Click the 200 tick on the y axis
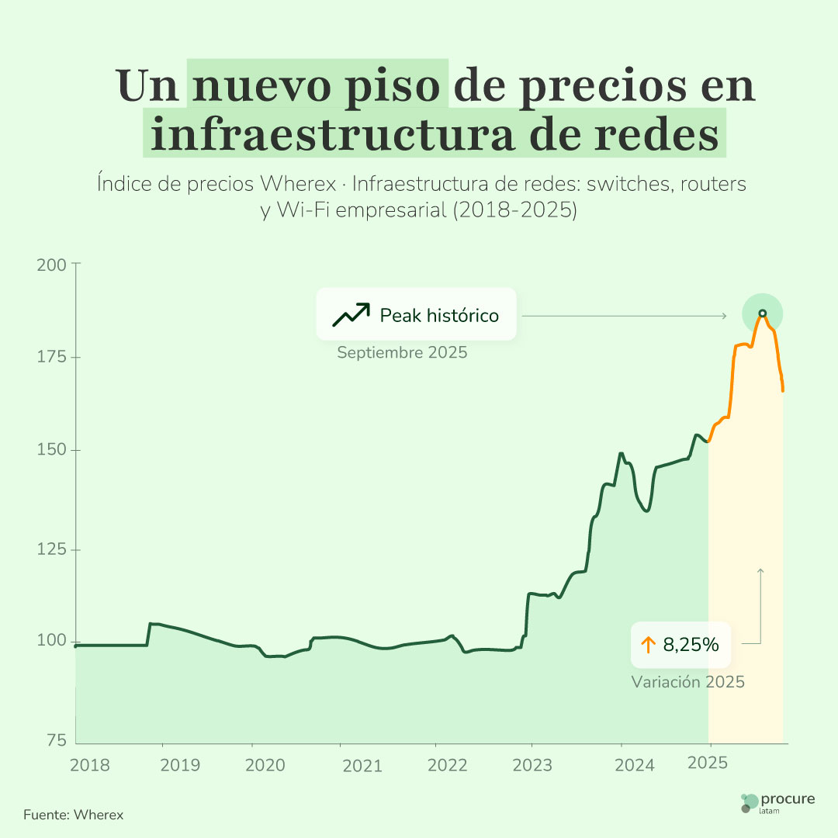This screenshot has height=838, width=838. point(53,264)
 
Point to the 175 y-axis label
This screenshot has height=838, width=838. point(53,357)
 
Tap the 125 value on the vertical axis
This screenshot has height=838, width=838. point(53,549)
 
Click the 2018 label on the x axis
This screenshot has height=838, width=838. point(90,764)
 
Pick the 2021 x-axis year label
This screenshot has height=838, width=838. point(362,765)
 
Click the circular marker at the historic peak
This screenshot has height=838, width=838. point(762,313)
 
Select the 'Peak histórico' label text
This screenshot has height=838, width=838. point(439,316)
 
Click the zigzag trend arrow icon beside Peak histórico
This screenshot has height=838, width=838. point(351,314)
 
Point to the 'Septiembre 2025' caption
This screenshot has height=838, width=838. point(402,353)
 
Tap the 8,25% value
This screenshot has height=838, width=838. point(691,644)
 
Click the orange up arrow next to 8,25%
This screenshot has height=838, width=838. point(649,644)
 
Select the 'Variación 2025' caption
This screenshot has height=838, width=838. point(687,682)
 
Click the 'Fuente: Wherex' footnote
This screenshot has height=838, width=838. point(74,815)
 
